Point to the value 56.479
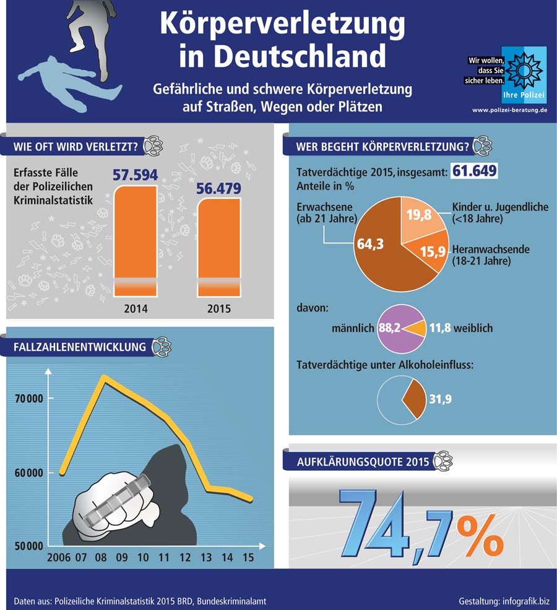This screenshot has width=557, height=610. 219,188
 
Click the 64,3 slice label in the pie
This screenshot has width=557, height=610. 369,244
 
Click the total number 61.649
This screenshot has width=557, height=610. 474,171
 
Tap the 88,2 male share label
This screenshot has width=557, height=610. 389,328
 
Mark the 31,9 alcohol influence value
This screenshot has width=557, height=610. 440,399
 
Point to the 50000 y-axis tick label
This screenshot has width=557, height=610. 28,547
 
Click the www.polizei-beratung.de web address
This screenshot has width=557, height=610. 509,110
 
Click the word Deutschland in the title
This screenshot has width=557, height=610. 282,56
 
